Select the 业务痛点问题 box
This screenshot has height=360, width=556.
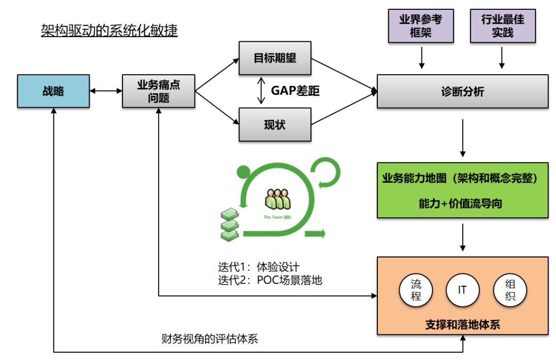tap(159, 91)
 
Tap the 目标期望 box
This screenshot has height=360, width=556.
tap(275, 58)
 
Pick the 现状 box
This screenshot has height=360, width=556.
tap(275, 124)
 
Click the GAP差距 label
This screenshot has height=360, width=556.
tap(295, 91)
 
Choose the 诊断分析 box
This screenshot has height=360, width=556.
tap(462, 91)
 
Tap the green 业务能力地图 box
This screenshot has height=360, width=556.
tap(462, 190)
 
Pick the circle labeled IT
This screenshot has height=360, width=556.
tap(462, 290)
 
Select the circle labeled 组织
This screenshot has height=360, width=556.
tap(510, 290)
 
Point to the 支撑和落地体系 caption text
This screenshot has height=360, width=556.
tap(462, 325)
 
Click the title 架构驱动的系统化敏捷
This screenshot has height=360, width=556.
tap(109, 31)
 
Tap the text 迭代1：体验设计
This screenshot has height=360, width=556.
tap(258, 267)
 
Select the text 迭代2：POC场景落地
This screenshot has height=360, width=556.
tap(270, 280)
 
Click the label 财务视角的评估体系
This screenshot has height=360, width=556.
tap(210, 339)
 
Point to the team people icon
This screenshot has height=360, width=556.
tap(278, 200)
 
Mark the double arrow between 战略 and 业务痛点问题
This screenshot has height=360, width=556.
tap(106, 91)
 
